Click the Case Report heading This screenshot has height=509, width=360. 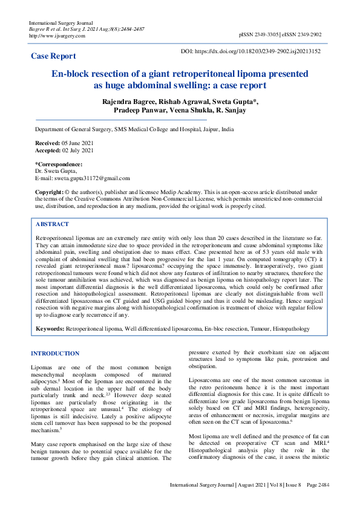pos(54,56)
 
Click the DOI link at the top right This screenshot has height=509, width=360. pos(250,51)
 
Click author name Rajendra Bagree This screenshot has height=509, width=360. pos(132,102)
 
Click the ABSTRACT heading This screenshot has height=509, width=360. pos(53,224)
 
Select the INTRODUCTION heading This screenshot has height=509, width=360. pos(55,354)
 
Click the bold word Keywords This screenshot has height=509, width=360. pos(50,329)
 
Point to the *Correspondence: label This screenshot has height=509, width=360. pos(59,164)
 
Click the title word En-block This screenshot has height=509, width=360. pos(75,74)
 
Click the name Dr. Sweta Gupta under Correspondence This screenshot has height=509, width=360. pos(57,171)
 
